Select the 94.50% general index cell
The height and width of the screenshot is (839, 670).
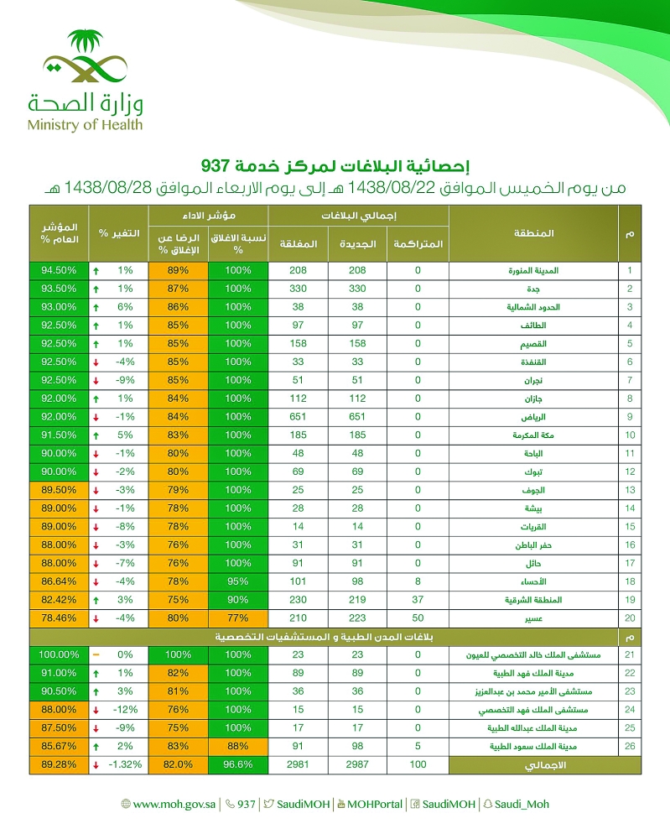click(x=59, y=271)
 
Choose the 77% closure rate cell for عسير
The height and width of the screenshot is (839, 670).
click(x=238, y=618)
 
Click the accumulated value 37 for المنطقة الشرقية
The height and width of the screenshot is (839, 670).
click(x=418, y=600)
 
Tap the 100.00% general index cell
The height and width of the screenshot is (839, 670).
click(x=59, y=654)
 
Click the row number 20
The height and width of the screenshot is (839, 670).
click(x=630, y=618)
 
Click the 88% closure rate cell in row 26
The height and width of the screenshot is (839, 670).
click(x=238, y=746)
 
